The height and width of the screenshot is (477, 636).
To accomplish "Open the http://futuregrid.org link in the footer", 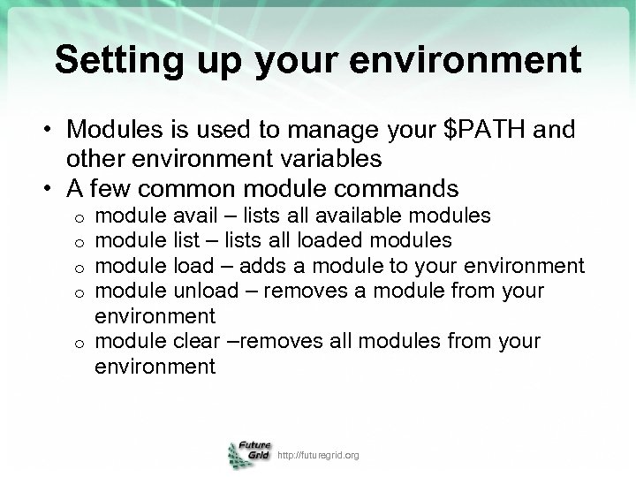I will [318, 456].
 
